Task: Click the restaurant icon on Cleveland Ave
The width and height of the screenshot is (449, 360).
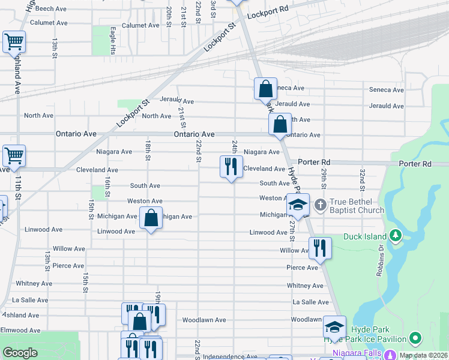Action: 232,167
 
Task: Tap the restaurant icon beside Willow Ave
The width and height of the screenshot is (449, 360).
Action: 320,247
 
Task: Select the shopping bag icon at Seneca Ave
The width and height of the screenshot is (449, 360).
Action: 265,89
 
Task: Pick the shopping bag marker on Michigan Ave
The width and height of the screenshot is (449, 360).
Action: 151,218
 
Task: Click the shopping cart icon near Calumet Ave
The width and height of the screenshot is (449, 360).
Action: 14,43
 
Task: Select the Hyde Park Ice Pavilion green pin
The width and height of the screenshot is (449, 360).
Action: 414,339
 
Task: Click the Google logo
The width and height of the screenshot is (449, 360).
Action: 20,352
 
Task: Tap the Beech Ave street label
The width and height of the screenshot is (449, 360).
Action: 51,9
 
